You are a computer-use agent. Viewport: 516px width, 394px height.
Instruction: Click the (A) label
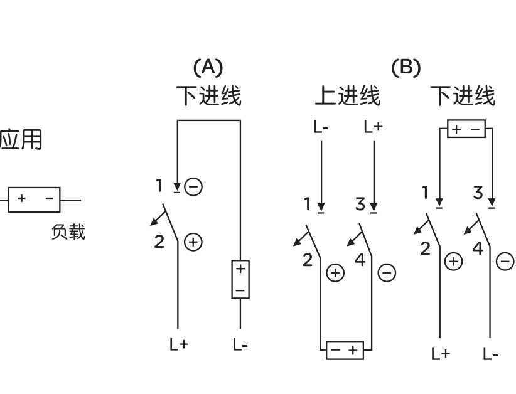(x=208, y=67)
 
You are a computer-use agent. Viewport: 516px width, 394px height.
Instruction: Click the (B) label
(x=406, y=67)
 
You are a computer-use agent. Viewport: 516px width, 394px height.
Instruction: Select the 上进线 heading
(x=347, y=96)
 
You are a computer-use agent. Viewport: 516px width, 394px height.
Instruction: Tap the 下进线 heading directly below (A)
(x=208, y=96)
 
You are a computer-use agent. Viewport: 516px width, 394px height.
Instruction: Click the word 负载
(x=68, y=232)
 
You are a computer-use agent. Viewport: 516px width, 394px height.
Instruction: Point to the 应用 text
(x=21, y=140)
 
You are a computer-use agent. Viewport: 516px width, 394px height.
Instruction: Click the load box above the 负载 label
(x=34, y=200)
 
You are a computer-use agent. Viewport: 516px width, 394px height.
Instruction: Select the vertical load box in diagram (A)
(x=240, y=279)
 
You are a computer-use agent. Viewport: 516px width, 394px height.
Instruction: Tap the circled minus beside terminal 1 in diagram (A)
(x=195, y=186)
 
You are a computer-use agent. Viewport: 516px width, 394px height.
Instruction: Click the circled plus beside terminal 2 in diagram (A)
(x=194, y=242)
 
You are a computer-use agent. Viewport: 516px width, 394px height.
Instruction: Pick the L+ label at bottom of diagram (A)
(x=179, y=344)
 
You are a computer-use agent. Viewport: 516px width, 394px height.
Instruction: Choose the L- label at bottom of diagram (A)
(x=240, y=344)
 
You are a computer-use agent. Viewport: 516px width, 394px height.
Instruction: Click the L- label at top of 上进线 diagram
(x=321, y=127)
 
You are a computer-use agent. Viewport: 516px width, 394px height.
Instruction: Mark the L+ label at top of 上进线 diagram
(x=373, y=127)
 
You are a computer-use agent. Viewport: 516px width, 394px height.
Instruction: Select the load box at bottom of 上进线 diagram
(x=345, y=350)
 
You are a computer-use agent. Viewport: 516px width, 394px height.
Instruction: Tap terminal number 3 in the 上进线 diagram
(x=360, y=205)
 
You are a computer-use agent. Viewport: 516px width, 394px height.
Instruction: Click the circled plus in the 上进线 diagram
(x=336, y=272)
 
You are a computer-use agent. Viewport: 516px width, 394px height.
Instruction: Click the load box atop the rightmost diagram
(x=466, y=130)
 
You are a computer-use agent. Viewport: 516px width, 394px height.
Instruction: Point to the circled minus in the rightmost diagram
(x=505, y=261)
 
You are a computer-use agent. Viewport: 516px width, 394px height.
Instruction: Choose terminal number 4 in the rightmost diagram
(x=478, y=248)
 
